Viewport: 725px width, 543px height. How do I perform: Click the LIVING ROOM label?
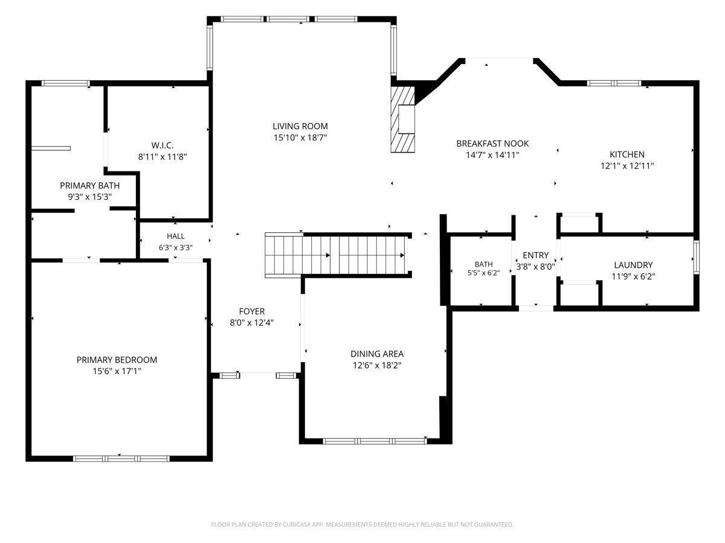[x=300, y=126]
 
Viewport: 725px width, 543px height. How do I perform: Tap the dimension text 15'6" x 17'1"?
[x=117, y=371]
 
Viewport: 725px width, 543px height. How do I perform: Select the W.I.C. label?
[x=162, y=145]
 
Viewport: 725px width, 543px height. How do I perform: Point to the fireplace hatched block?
[x=402, y=119]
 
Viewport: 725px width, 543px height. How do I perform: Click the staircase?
[x=338, y=255]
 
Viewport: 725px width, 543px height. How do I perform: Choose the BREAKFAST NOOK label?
[x=492, y=144]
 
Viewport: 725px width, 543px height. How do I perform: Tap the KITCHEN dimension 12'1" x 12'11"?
[x=627, y=165]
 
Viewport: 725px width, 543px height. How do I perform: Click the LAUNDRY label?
[x=633, y=265]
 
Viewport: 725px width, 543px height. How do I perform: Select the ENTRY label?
[x=535, y=255]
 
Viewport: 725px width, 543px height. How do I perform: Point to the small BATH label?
[x=483, y=264]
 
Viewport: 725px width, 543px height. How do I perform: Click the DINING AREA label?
[x=377, y=354]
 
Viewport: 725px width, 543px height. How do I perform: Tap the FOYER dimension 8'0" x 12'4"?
[x=252, y=322]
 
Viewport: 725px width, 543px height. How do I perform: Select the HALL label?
[x=175, y=236]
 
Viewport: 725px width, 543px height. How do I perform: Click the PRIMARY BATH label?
[x=89, y=185]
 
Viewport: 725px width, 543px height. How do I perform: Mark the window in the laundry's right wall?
[x=696, y=257]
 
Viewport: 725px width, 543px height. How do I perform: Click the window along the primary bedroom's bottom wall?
[x=121, y=459]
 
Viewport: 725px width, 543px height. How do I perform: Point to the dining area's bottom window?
[x=375, y=441]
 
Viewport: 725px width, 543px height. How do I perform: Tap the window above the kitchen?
[x=614, y=83]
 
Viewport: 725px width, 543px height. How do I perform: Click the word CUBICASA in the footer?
[x=297, y=524]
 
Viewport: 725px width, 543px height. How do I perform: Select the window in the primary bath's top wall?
[x=65, y=83]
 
